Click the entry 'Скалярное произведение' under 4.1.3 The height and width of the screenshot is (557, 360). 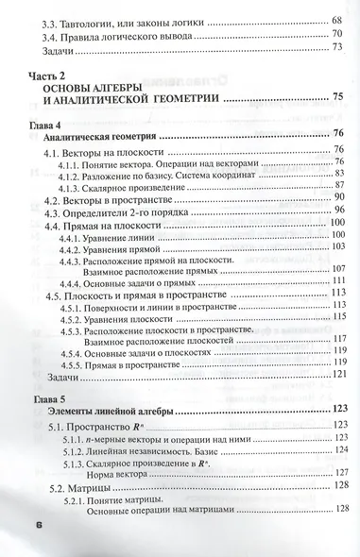pyautogui.click(x=133, y=188)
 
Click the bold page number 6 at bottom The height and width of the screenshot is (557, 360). pyautogui.click(x=40, y=525)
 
